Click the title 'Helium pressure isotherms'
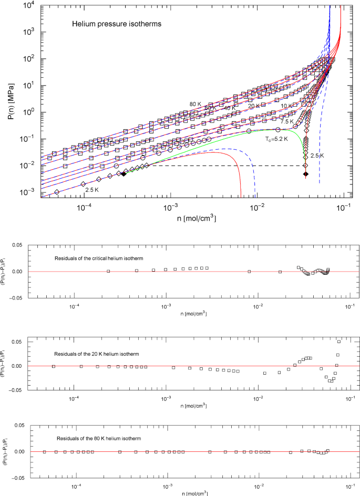106,24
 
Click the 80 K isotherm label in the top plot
196,104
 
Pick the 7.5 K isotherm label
287,121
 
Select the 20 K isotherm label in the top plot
254,106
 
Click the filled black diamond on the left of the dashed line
124,173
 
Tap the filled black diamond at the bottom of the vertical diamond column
306,174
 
